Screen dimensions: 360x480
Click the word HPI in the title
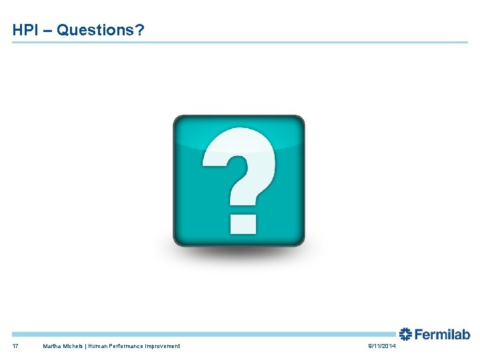click(25, 30)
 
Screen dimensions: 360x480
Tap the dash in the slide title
click(47, 31)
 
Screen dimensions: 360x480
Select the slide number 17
click(15, 346)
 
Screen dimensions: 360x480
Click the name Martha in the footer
click(53, 346)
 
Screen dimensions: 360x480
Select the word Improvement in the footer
click(163, 346)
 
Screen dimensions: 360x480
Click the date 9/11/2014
click(381, 346)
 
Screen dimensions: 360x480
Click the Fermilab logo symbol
click(406, 334)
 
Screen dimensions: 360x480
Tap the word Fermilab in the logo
click(443, 334)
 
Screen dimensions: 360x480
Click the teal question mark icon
click(239, 180)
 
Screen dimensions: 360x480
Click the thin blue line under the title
click(240, 43)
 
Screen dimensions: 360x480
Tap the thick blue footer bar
click(200, 334)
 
